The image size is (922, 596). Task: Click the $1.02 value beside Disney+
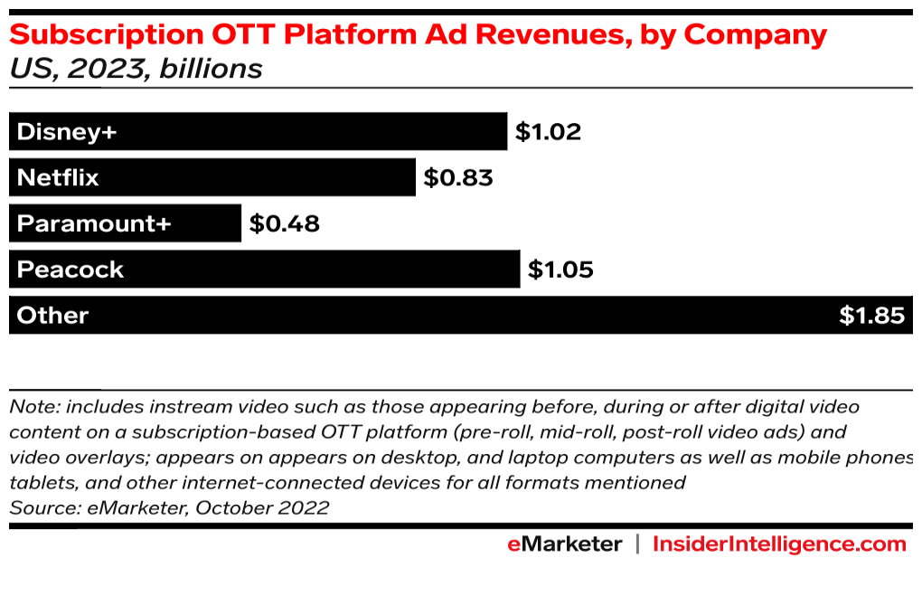point(548,132)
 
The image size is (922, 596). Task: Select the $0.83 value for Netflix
point(458,177)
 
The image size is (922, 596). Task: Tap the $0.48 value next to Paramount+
point(285,223)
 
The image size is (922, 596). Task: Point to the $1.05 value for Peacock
point(560,270)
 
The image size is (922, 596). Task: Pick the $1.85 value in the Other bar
point(871,316)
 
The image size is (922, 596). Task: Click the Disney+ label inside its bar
point(67,132)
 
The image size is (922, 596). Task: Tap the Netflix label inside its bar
point(58,177)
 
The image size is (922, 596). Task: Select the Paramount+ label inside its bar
point(93,223)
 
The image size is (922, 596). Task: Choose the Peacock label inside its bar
point(71,270)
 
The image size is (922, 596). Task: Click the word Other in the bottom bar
point(52,316)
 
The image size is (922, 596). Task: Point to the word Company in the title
point(755,35)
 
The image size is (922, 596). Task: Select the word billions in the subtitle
point(211,69)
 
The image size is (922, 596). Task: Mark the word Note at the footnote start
point(33,407)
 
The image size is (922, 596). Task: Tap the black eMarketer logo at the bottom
point(564,544)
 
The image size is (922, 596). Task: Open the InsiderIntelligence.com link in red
point(779,544)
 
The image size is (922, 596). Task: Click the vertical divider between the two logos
point(637,544)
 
